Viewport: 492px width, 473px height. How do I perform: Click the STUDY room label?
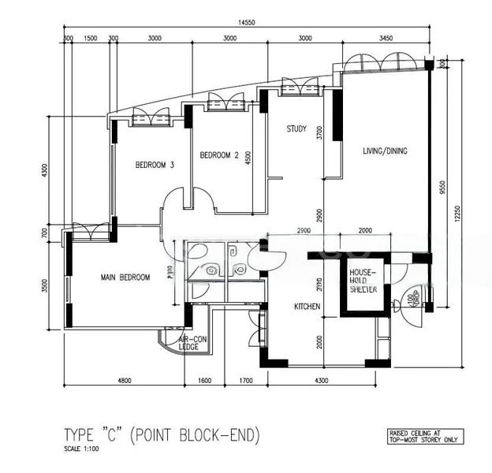[x=296, y=129]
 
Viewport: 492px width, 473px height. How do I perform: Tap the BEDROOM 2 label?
[x=218, y=155]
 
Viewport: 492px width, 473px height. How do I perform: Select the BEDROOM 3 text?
[x=155, y=165]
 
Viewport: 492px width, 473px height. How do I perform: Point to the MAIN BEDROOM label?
[x=125, y=277]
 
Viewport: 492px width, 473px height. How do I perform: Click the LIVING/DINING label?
[x=385, y=151]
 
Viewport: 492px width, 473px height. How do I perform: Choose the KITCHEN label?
[x=307, y=306]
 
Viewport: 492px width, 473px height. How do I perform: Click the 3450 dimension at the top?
[x=385, y=37]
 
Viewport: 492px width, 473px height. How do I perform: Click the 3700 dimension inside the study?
[x=319, y=133]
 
